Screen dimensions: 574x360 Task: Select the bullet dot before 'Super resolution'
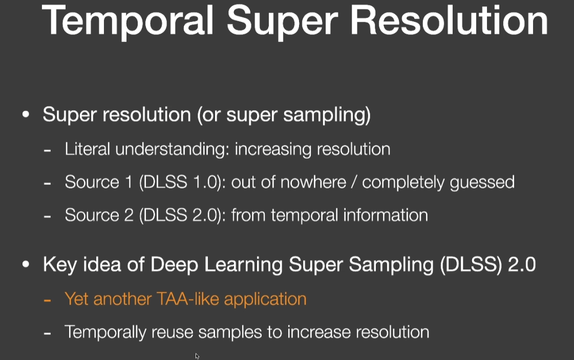[x=26, y=114]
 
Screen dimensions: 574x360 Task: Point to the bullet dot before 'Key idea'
[x=26, y=264]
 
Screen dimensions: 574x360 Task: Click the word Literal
[x=87, y=149]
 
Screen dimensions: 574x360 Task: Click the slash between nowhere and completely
[x=354, y=182]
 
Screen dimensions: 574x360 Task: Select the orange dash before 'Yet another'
[x=47, y=300]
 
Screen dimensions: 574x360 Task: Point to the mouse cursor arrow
[x=197, y=356]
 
